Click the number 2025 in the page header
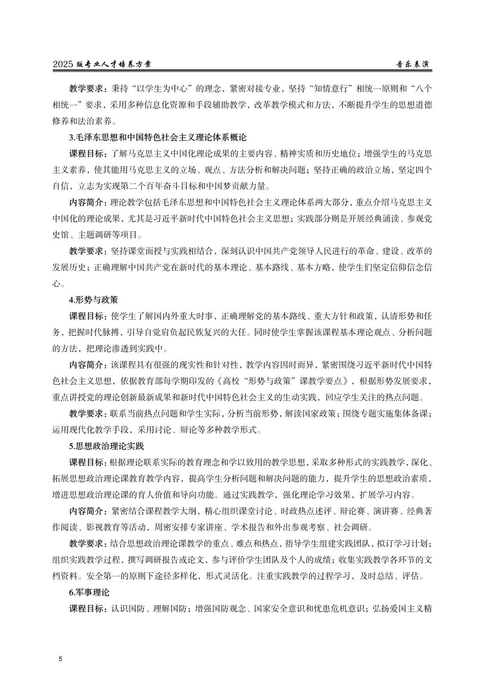point(63,65)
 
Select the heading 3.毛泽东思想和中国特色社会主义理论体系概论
point(158,137)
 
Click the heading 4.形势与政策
point(94,299)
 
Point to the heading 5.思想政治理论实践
point(106,446)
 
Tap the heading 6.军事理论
point(89,592)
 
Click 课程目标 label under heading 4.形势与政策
point(88,316)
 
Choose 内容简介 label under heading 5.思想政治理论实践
point(88,511)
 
